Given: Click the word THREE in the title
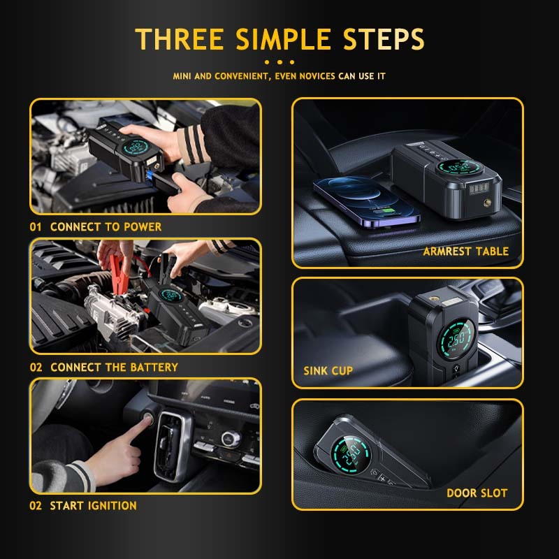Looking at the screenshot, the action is [180, 39].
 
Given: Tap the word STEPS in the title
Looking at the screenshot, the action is [384, 39].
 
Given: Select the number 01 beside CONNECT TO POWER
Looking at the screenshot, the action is [36, 226].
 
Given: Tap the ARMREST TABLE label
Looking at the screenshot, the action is [465, 252].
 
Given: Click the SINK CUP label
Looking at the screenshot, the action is [328, 371].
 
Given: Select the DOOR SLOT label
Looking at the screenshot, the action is [477, 493].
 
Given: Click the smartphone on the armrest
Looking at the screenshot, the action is [366, 201].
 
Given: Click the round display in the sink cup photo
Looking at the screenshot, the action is [457, 339].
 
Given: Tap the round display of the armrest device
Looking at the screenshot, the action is [460, 167].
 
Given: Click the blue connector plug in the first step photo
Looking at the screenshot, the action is [150, 175].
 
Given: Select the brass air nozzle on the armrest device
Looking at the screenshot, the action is [486, 204].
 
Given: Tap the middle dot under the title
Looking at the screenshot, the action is [279, 62].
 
